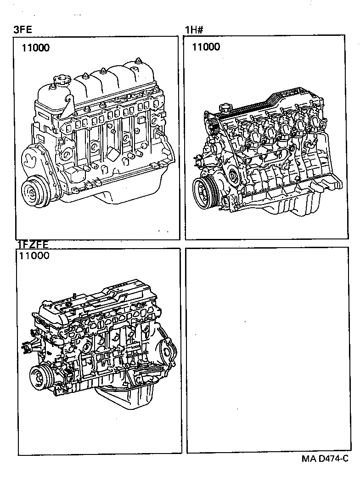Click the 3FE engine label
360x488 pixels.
[23, 30]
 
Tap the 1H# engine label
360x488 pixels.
[194, 31]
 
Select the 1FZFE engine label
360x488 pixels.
[33, 244]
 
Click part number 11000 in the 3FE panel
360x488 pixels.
[35, 48]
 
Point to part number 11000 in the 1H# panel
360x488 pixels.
[206, 47]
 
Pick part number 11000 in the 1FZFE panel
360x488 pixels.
[34, 256]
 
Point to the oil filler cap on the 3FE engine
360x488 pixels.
[59, 83]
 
